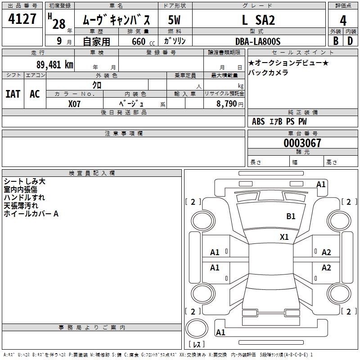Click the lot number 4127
[x=22, y=19]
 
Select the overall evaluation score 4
[x=343, y=20]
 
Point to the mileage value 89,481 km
[x=51, y=64]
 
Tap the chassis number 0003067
[x=302, y=144]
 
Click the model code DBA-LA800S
[x=258, y=41]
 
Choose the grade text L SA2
[x=258, y=20]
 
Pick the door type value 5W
[x=175, y=20]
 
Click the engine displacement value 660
[x=138, y=41]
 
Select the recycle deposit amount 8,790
[x=227, y=103]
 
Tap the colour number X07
[x=74, y=103]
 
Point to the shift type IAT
[x=13, y=94]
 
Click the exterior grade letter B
[x=336, y=41]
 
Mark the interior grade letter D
[x=351, y=41]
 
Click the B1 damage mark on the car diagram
[x=291, y=216]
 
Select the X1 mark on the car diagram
[x=284, y=237]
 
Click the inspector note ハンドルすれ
[x=24, y=198]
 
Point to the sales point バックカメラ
[x=269, y=72]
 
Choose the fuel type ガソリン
[x=175, y=41]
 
